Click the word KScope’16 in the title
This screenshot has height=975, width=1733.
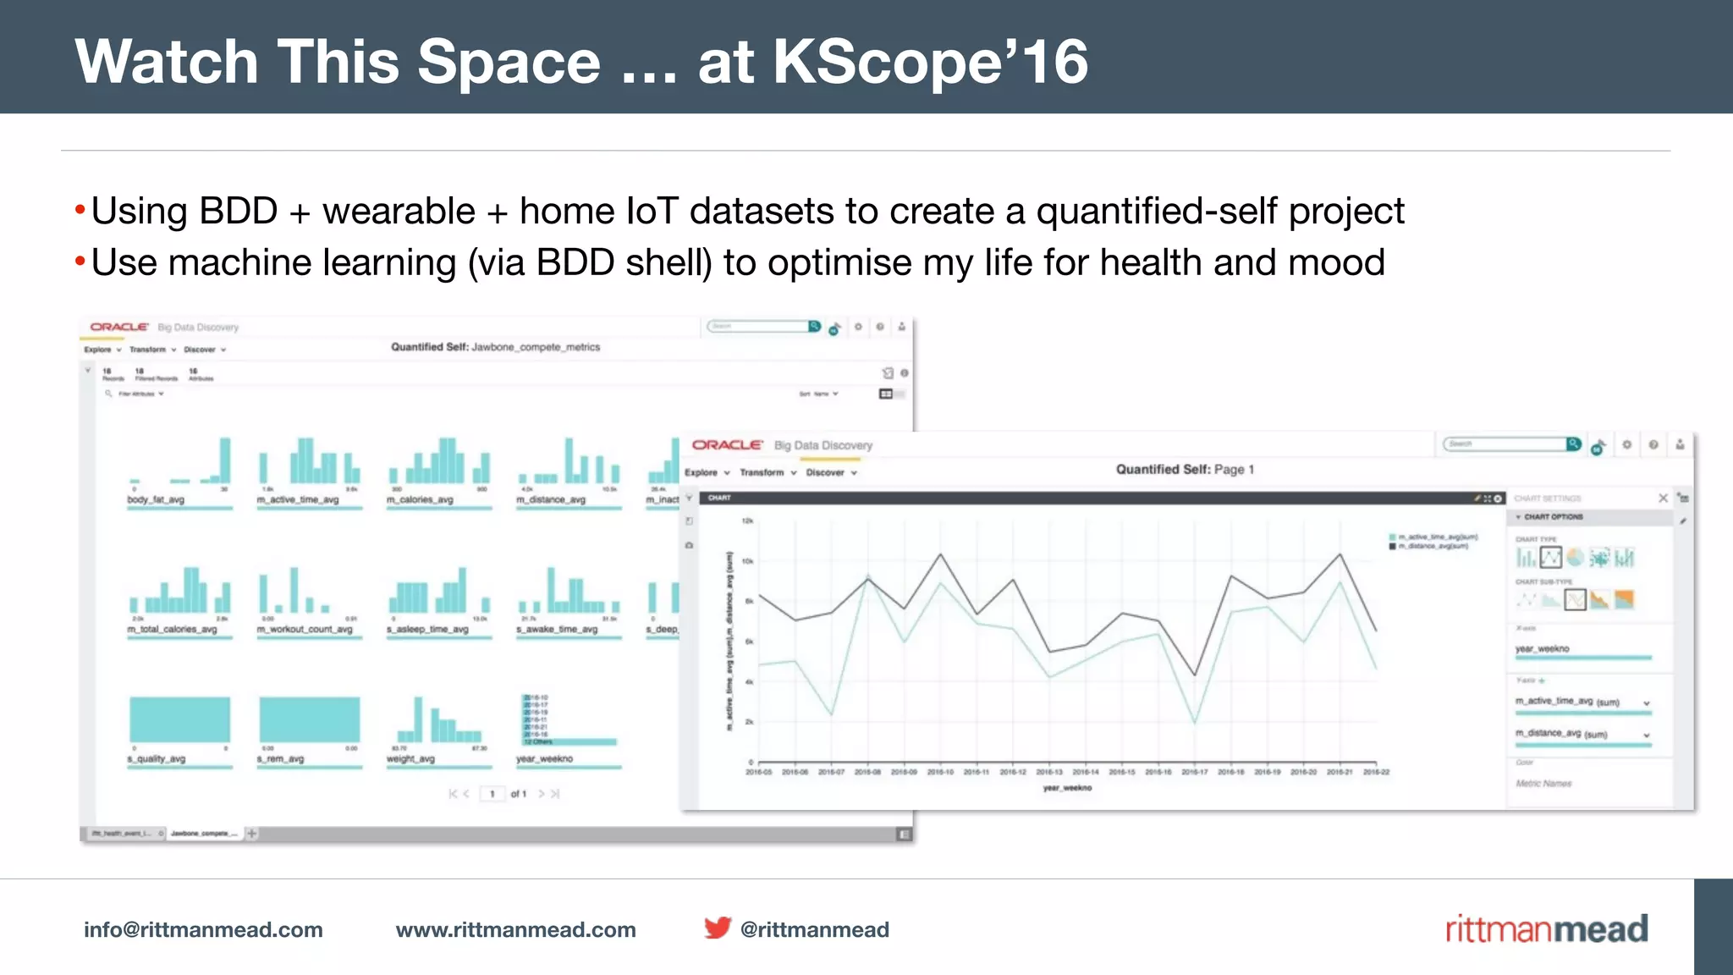tap(930, 62)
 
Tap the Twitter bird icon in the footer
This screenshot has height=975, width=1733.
tap(717, 928)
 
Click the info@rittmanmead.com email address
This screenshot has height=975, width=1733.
tap(203, 929)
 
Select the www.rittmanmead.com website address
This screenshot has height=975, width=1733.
tap(515, 929)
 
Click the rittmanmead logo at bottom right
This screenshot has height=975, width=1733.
tap(1546, 929)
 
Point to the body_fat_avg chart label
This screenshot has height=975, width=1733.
tap(156, 499)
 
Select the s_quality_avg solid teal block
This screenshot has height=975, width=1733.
tap(179, 719)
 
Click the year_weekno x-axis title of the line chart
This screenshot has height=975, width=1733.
tap(1067, 788)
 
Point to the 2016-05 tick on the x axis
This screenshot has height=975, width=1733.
tap(758, 772)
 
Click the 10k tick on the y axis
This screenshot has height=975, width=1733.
tap(747, 561)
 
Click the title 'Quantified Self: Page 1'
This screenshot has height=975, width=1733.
tap(1184, 469)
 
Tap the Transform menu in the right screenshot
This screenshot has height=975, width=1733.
tap(762, 472)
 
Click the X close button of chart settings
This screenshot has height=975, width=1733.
tap(1663, 498)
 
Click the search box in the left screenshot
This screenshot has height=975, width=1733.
tap(758, 326)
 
